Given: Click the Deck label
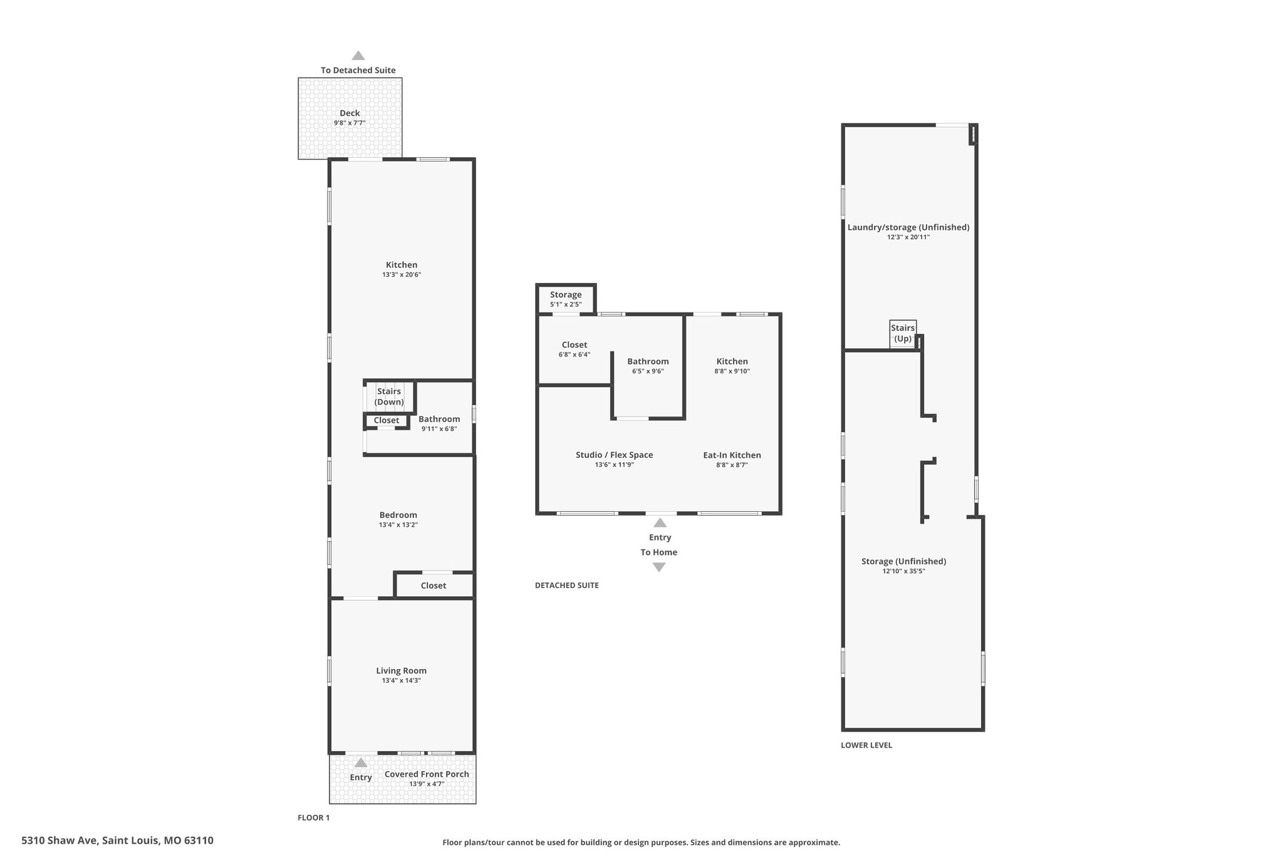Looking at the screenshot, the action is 350,113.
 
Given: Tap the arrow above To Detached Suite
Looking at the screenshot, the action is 358,56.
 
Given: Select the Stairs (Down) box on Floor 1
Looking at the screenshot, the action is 389,396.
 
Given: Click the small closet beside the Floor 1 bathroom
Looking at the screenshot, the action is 387,421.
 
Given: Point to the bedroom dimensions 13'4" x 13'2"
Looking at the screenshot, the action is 398,525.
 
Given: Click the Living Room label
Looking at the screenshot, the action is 402,670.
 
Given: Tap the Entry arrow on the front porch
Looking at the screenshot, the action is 361,763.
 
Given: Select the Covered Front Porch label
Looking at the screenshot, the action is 427,774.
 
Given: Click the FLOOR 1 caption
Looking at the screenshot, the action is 313,817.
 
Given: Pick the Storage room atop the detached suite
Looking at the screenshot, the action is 566,299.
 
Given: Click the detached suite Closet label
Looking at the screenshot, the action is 574,345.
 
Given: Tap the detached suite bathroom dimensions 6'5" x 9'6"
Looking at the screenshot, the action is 648,371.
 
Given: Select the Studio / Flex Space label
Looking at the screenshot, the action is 615,455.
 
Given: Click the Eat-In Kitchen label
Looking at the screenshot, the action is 732,455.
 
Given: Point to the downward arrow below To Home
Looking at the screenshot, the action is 659,567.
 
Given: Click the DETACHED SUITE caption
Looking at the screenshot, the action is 567,585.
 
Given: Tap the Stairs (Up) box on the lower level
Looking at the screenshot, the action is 903,333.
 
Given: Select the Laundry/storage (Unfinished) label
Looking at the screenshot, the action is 908,227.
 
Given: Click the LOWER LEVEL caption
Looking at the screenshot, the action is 866,745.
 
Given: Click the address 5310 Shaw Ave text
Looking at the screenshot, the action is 60,841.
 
